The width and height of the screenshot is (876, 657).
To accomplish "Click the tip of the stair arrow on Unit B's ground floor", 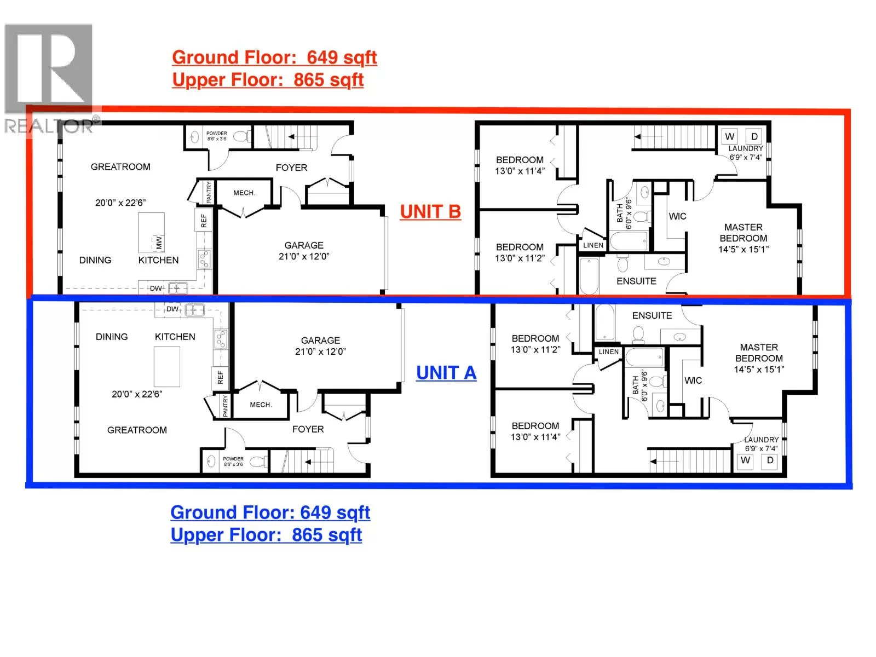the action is coord(289,137).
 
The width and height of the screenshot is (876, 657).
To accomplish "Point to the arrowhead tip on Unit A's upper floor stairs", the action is coord(650,462).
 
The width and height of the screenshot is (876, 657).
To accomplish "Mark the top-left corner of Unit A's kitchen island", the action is coord(154,347).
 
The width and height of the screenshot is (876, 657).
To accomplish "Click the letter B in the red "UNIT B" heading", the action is coord(454,211).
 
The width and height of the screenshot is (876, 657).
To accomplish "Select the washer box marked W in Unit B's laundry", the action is coord(730,136).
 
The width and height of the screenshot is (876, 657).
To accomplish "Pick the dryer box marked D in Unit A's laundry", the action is coord(770,460).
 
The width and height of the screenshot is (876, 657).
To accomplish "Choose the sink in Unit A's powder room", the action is coord(211,462).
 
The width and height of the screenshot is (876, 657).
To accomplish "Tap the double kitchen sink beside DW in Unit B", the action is coord(178,287).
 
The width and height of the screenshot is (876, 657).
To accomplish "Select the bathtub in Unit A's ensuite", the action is coord(605,322).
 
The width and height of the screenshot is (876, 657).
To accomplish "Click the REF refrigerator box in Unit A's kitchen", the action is coord(220,377).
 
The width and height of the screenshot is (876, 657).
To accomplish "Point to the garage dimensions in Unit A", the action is coord(320,351).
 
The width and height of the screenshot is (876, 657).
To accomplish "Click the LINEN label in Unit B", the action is coord(593,245).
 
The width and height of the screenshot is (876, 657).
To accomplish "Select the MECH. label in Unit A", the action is coord(261,405).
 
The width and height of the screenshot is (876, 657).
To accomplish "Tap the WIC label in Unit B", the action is coord(677,216).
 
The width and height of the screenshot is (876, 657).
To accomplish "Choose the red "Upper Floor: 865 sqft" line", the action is coord(268,80).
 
